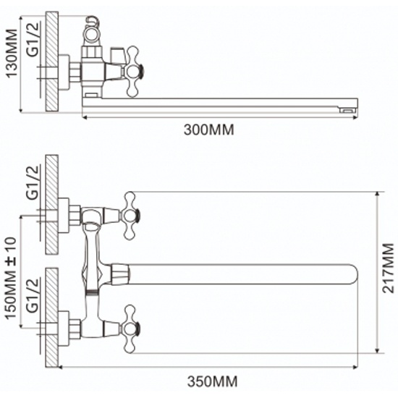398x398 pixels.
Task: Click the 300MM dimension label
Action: [x=208, y=130]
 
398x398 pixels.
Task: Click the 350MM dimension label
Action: [x=212, y=381]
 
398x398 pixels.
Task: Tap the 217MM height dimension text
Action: [x=388, y=268]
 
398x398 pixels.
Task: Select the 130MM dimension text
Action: [x=12, y=54]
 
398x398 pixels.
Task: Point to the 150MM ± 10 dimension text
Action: [x=10, y=279]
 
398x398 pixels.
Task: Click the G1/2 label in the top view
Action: [x=33, y=39]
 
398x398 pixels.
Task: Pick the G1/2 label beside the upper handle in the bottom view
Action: [x=33, y=182]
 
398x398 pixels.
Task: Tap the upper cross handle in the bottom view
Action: [x=132, y=216]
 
